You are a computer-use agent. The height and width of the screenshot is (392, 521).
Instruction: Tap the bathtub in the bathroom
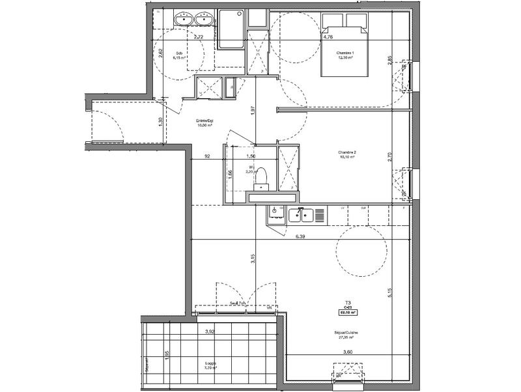[231, 29]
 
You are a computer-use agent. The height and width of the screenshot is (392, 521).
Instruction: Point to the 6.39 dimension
[301, 237]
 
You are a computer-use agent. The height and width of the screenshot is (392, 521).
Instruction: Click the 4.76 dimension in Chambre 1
[328, 37]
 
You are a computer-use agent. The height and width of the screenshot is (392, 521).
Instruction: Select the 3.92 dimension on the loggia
[210, 332]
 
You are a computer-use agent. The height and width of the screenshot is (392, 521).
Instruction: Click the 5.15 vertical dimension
[390, 294]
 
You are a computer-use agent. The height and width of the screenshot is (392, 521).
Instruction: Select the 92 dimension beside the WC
[207, 157]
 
